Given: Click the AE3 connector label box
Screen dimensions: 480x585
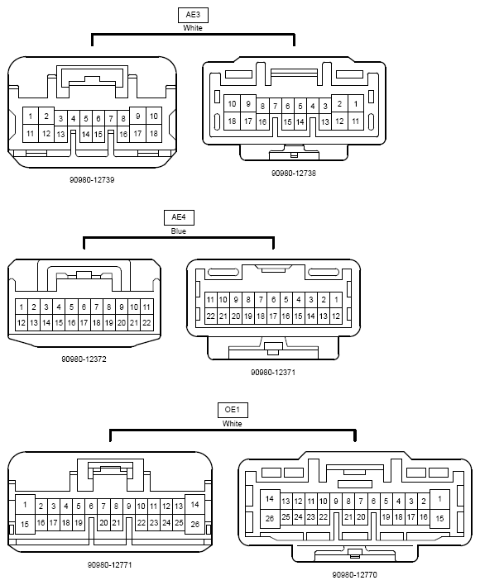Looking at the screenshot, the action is (193, 15).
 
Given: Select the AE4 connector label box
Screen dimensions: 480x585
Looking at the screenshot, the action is (179, 217).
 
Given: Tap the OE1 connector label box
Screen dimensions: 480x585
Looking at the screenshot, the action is (233, 410).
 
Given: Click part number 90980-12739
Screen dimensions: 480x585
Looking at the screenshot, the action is (92, 180).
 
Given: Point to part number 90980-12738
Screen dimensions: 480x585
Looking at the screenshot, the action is (294, 174).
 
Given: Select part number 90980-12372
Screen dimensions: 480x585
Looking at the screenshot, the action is (84, 359).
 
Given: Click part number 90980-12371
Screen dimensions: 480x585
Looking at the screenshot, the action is (273, 373).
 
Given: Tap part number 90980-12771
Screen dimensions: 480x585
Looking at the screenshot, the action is (109, 565).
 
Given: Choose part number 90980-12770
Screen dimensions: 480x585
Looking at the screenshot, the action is (354, 574).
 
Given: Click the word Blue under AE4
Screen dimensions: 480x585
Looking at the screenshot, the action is (179, 231).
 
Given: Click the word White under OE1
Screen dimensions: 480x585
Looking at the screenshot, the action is (232, 424).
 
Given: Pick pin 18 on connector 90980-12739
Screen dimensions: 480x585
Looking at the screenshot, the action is (154, 133).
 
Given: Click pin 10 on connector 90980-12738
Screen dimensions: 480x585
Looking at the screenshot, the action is (232, 104).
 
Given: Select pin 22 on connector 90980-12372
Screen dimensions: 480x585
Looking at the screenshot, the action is (146, 323).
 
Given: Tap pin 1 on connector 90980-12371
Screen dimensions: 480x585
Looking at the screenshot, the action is (336, 300).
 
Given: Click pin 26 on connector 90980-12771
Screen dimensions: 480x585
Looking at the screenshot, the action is (194, 524).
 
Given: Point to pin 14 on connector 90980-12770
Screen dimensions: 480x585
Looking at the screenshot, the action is (270, 499).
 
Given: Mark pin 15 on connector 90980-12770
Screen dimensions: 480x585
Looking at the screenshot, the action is (439, 518).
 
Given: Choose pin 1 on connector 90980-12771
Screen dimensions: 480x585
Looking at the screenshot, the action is (25, 505).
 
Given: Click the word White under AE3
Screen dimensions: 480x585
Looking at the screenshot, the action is (193, 28).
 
